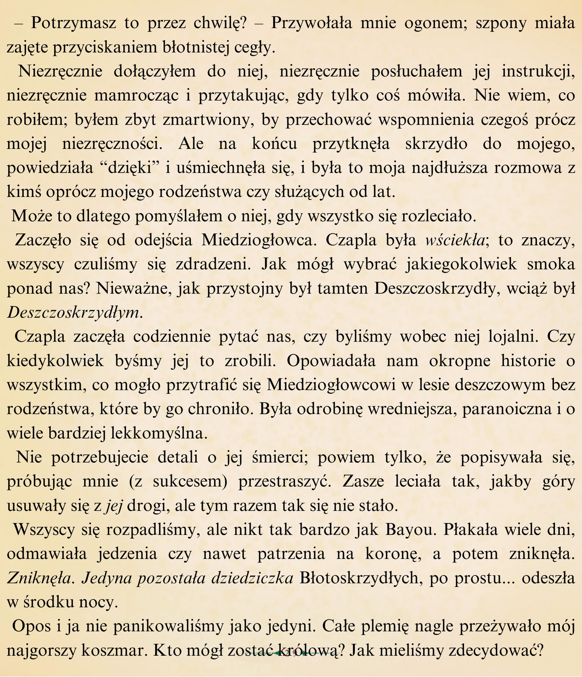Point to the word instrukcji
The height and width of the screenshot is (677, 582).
coord(538,72)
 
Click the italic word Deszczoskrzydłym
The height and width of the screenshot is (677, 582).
coord(73,313)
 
